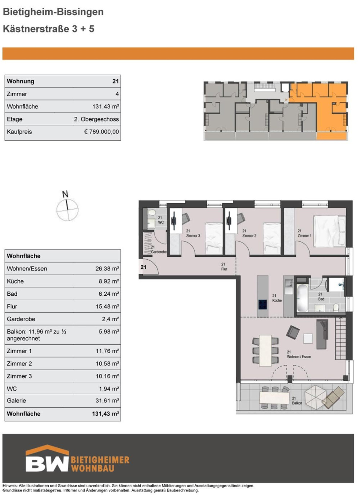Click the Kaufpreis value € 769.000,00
(102, 132)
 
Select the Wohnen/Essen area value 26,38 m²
(107, 269)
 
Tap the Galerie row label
(16, 401)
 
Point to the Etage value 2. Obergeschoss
(96, 119)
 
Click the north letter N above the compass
(65, 194)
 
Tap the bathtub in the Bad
(302, 297)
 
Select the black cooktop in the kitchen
(262, 304)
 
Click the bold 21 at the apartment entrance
(143, 267)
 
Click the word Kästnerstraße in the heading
(36, 29)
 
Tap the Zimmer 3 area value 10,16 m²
(107, 376)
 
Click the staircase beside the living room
(340, 338)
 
